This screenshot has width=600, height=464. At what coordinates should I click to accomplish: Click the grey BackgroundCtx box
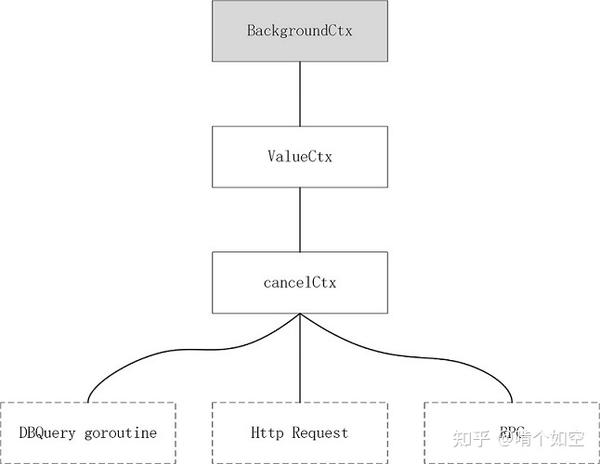pyautogui.click(x=300, y=29)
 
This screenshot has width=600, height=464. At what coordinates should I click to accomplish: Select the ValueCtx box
pyautogui.click(x=300, y=156)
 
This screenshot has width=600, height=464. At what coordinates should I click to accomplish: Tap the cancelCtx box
pyautogui.click(x=300, y=282)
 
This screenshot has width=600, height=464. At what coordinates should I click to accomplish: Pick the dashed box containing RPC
pyautogui.click(x=510, y=432)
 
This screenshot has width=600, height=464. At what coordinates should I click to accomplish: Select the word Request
pyautogui.click(x=320, y=433)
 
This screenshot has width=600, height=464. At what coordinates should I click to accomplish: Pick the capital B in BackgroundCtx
pyautogui.click(x=251, y=29)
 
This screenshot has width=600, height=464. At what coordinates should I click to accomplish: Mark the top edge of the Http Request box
pyautogui.click(x=300, y=403)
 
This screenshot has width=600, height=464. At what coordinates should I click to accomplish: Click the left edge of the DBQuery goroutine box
pyautogui.click(x=3, y=432)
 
